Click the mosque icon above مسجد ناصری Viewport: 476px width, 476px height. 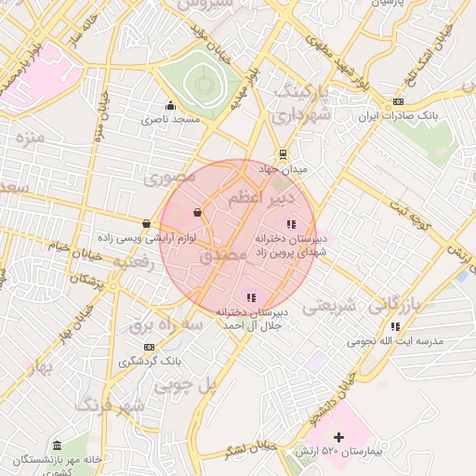pyautogui.click(x=169, y=105)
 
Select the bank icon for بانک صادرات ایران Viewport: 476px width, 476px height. pyautogui.click(x=398, y=102)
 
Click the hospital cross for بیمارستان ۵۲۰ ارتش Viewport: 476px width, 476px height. pyautogui.click(x=338, y=437)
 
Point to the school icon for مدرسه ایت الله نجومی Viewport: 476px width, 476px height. pyautogui.click(x=396, y=326)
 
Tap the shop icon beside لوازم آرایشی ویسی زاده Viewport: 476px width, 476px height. pyautogui.click(x=147, y=223)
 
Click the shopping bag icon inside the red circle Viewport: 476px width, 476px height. pyautogui.click(x=197, y=213)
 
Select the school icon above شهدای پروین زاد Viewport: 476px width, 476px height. pyautogui.click(x=291, y=224)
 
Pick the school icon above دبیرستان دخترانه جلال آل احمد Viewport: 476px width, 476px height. pyautogui.click(x=251, y=297)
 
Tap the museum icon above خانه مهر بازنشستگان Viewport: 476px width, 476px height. pyautogui.click(x=58, y=446)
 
